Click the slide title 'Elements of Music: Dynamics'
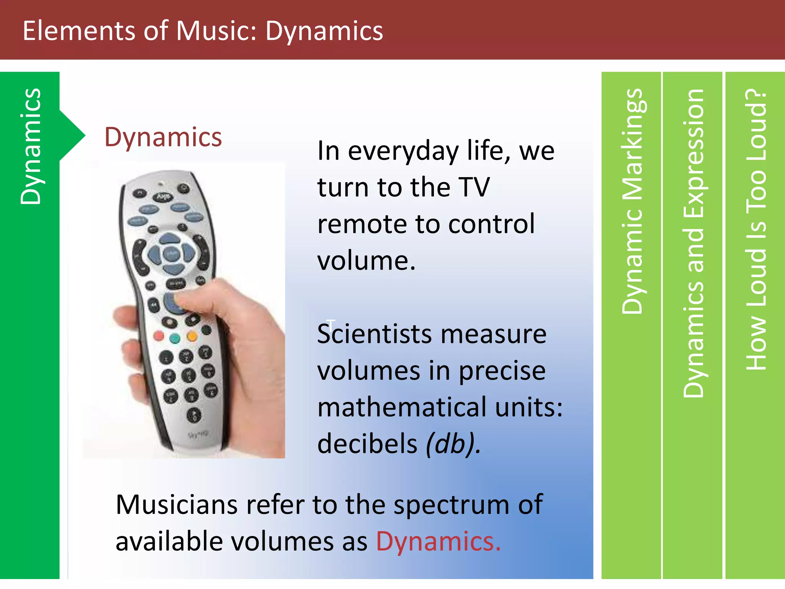click(202, 31)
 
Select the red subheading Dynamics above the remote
click(163, 137)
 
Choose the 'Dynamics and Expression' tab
click(693, 243)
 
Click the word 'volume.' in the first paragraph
click(366, 260)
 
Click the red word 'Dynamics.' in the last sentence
click(438, 541)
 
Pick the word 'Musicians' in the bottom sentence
click(177, 505)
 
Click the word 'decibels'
click(367, 444)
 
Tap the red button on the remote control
click(158, 336)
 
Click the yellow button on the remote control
click(192, 336)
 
